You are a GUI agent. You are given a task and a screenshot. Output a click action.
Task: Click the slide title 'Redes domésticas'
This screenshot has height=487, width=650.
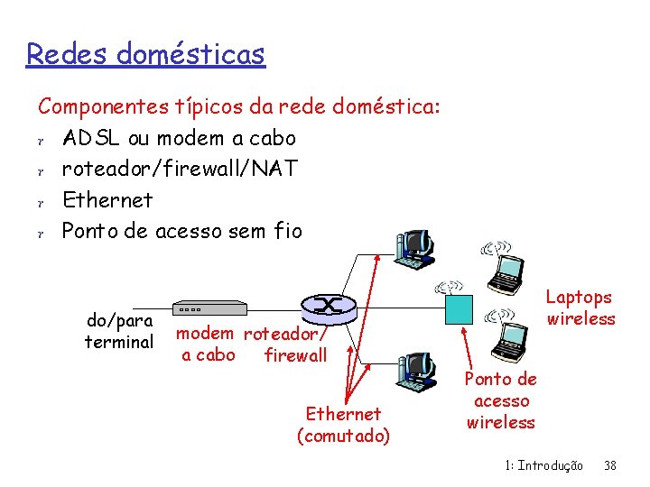pyautogui.click(x=145, y=54)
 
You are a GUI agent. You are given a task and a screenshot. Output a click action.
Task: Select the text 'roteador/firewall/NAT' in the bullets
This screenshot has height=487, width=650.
pyautogui.click(x=179, y=169)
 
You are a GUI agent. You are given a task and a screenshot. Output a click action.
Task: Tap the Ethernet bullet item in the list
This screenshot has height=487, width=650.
pyautogui.click(x=107, y=199)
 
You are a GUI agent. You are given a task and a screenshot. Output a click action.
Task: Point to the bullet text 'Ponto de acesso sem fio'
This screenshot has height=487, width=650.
pyautogui.click(x=181, y=231)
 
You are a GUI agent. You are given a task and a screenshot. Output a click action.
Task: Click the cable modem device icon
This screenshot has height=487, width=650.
pyautogui.click(x=209, y=308)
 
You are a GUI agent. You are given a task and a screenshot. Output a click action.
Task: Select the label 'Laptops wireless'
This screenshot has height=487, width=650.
pyautogui.click(x=580, y=308)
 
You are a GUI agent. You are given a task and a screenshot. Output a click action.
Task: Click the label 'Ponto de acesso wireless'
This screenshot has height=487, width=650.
pyautogui.click(x=501, y=401)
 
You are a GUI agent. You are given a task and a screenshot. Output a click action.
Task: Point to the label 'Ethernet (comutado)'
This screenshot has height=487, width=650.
pyautogui.click(x=343, y=425)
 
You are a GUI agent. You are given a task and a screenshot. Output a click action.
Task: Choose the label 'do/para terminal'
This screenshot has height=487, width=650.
pyautogui.click(x=119, y=331)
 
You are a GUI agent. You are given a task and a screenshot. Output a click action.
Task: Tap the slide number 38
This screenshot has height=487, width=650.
pyautogui.click(x=610, y=465)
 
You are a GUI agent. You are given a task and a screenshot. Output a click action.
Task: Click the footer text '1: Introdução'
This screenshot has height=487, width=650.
pyautogui.click(x=543, y=465)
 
